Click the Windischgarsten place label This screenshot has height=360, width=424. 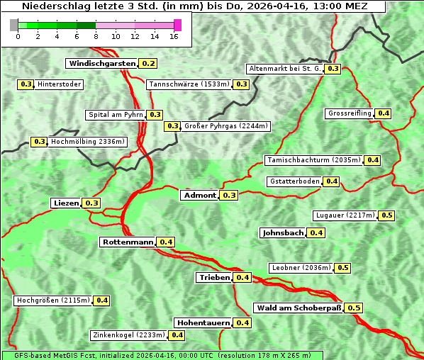tap(102, 63)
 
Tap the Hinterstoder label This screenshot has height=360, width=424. tap(60, 84)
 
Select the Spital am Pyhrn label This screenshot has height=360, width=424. tap(115, 115)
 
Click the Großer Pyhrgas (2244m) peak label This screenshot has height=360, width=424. tap(225, 126)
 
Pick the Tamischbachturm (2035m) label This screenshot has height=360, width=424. tap(313, 160)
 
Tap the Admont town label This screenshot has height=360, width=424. tap(199, 195)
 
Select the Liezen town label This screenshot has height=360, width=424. tap(66, 203)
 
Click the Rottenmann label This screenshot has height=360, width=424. tap(128, 242)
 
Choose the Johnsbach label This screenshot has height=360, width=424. tap(283, 232)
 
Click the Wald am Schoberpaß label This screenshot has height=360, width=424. tap(298, 308)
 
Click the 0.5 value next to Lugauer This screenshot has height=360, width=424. tap(387, 215)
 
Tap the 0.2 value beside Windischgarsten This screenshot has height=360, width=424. tap(148, 63)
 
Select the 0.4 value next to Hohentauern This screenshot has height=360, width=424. tap(242, 322)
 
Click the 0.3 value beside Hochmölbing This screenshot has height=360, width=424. tap(40, 142)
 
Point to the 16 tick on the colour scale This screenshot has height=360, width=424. tap(174, 36)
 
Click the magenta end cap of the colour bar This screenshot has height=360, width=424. tap(177, 25)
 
